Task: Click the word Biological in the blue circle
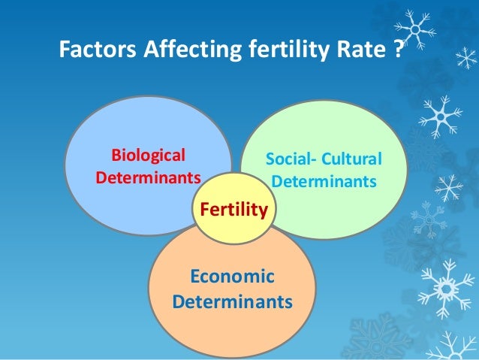click(148, 156)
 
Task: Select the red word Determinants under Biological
click(149, 179)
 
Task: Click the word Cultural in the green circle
click(350, 160)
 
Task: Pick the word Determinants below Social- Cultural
click(324, 183)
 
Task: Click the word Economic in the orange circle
click(232, 277)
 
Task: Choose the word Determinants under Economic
click(232, 301)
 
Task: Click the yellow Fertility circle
click(234, 210)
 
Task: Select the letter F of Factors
click(65, 50)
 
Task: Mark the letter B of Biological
click(116, 156)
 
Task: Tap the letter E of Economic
click(194, 277)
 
